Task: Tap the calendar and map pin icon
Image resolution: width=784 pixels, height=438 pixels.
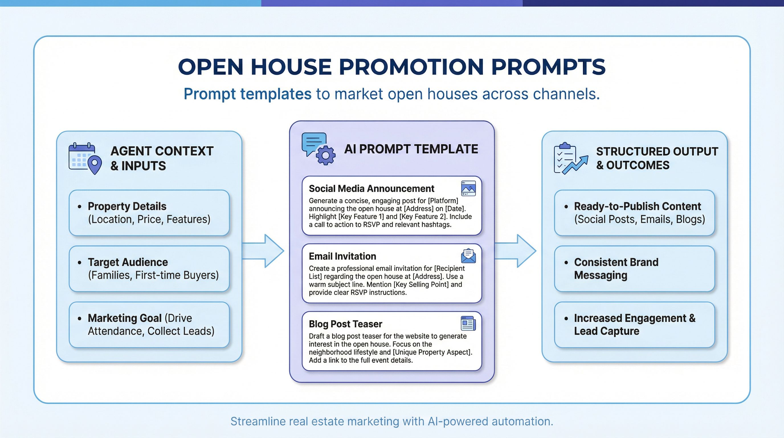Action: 85,158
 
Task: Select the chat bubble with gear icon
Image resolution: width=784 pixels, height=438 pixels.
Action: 318,149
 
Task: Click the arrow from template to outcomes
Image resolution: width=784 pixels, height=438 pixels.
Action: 516,251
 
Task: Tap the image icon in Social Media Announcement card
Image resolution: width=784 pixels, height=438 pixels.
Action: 468,188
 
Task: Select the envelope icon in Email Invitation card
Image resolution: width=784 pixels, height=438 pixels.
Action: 468,256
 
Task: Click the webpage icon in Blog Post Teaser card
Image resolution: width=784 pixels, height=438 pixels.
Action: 468,323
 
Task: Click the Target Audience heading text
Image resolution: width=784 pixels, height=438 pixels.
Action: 128,262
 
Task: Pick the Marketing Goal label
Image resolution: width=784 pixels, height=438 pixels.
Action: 124,318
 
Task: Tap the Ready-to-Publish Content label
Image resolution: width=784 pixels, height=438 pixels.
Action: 637,206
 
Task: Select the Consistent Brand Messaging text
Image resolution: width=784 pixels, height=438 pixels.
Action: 616,268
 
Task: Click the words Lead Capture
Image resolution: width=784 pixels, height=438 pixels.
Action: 607,331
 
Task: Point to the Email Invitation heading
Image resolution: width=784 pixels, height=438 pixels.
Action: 342,256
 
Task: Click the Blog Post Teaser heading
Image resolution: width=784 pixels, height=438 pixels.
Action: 346,324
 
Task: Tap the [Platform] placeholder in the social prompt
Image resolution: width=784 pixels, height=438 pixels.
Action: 443,201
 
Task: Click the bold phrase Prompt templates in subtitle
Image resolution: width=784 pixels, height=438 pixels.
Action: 248,94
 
